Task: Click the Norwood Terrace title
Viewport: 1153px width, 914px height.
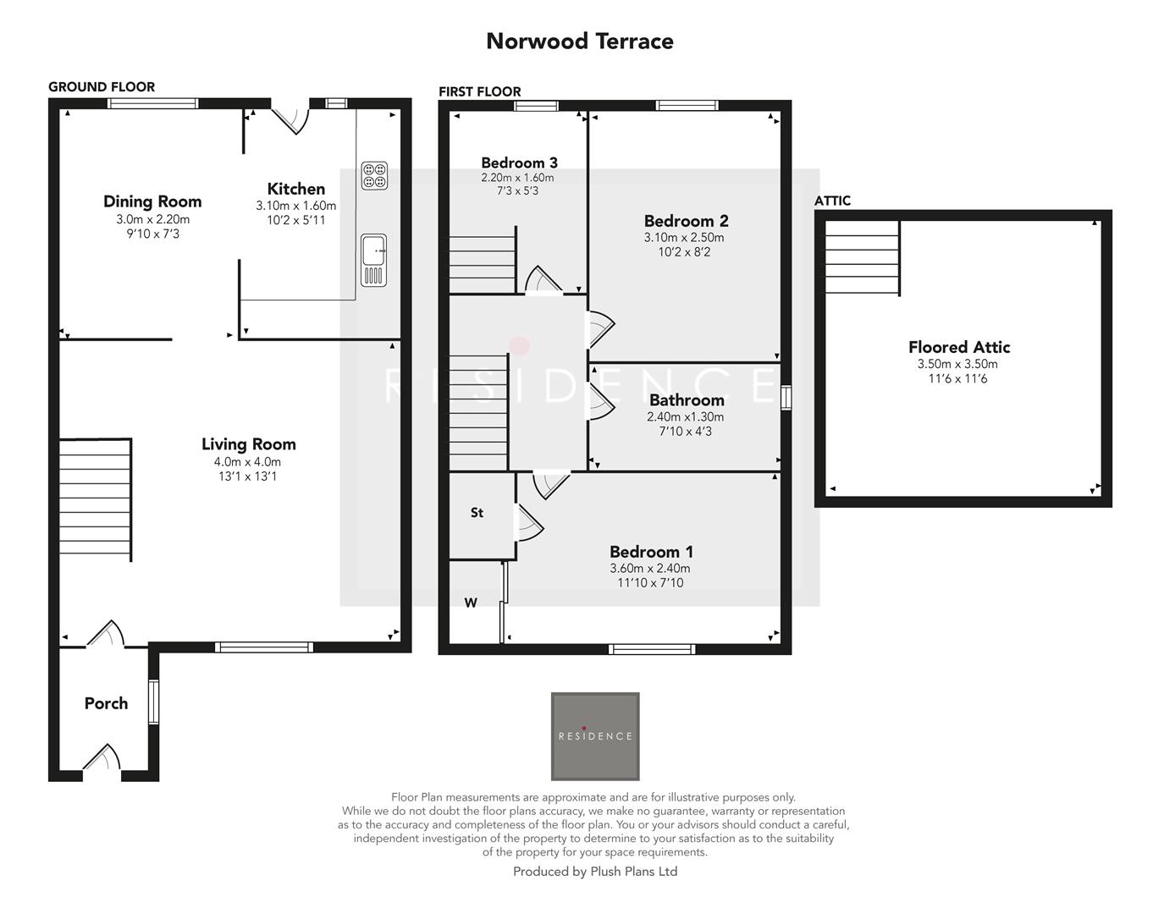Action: (x=579, y=41)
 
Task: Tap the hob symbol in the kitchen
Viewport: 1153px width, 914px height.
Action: (x=374, y=175)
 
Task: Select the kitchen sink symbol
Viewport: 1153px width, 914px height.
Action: (x=373, y=260)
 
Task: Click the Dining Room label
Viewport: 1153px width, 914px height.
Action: (x=152, y=201)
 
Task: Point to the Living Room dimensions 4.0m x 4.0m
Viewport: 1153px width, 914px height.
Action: (x=247, y=462)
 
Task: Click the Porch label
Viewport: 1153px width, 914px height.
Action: (x=106, y=703)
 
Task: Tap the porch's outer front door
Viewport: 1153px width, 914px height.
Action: (x=102, y=759)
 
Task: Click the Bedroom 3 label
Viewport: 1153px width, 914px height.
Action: (x=519, y=162)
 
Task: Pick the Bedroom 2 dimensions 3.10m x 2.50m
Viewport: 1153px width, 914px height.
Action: (x=685, y=238)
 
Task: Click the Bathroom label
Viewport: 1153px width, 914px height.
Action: (x=687, y=400)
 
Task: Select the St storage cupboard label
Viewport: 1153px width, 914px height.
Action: (x=477, y=513)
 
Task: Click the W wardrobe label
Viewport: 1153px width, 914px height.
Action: (x=471, y=603)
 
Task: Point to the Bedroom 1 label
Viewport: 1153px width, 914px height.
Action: (x=650, y=552)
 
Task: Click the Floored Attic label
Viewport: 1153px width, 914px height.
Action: (x=958, y=347)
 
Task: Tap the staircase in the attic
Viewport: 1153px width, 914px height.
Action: (x=862, y=257)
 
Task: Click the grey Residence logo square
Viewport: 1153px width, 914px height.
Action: (x=595, y=736)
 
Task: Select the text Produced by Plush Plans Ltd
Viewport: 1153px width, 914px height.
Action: (x=595, y=871)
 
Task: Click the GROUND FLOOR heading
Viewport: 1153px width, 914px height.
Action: (x=102, y=86)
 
